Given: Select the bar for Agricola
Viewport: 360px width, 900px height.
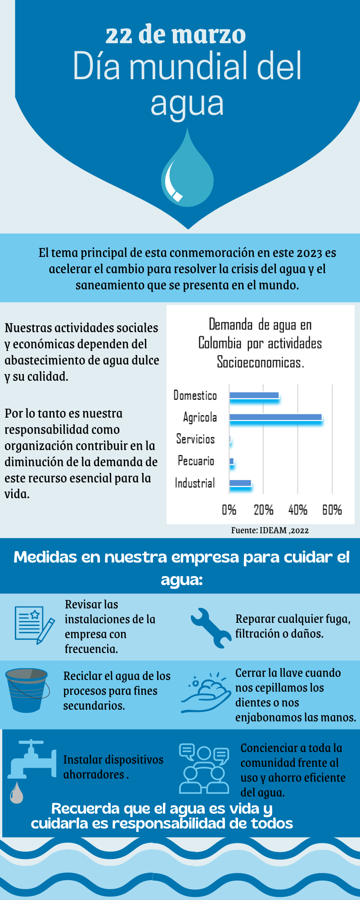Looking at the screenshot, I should pyautogui.click(x=275, y=417).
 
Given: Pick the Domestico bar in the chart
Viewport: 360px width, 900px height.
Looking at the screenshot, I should pyautogui.click(x=254, y=396).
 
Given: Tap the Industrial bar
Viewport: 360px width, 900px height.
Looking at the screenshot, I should pyautogui.click(x=240, y=483).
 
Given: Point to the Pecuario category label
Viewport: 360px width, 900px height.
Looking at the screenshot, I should pyautogui.click(x=196, y=461).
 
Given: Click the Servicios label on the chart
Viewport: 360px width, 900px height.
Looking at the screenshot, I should pyautogui.click(x=195, y=439).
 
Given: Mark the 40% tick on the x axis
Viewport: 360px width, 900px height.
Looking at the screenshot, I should pyautogui.click(x=297, y=510).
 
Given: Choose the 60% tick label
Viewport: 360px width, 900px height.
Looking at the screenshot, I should pyautogui.click(x=332, y=510).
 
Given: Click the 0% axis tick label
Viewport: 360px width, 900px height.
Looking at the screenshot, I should pyautogui.click(x=229, y=510).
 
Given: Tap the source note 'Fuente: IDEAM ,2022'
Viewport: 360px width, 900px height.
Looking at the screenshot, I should pyautogui.click(x=270, y=530).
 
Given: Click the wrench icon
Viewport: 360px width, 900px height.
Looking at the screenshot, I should pyautogui.click(x=210, y=628).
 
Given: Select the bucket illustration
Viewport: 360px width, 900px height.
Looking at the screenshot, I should pyautogui.click(x=27, y=690).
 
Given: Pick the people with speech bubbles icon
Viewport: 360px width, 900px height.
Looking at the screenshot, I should pyautogui.click(x=204, y=768).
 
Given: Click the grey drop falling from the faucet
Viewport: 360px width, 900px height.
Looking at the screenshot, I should pyautogui.click(x=17, y=793).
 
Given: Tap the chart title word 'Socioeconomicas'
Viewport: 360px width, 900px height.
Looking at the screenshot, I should pyautogui.click(x=260, y=362).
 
